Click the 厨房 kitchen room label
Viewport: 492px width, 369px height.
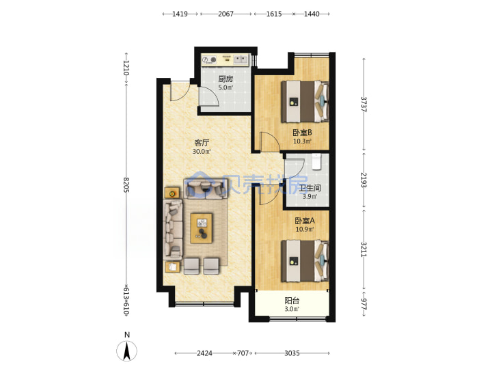(225, 79)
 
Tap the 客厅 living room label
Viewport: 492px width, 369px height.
(202, 143)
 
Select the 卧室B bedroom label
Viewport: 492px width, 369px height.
(302, 133)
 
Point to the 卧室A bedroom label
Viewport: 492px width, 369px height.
(305, 221)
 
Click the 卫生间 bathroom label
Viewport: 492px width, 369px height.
(310, 188)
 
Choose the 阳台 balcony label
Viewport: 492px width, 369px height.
(292, 301)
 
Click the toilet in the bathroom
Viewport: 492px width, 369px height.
(316, 161)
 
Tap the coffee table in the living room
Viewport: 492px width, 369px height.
(202, 228)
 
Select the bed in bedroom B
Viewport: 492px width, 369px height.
(305, 102)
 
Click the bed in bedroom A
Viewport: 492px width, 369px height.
(305, 261)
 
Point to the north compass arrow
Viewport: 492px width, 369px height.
(127, 351)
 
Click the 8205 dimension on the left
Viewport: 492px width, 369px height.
(126, 184)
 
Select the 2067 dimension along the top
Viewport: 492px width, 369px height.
(226, 14)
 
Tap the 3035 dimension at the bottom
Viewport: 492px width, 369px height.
(292, 353)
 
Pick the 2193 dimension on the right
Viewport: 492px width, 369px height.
(364, 180)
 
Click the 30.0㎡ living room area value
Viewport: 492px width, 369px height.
(202, 152)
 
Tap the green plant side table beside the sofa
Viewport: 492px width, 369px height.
(172, 193)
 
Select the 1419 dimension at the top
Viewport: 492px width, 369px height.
(180, 14)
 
